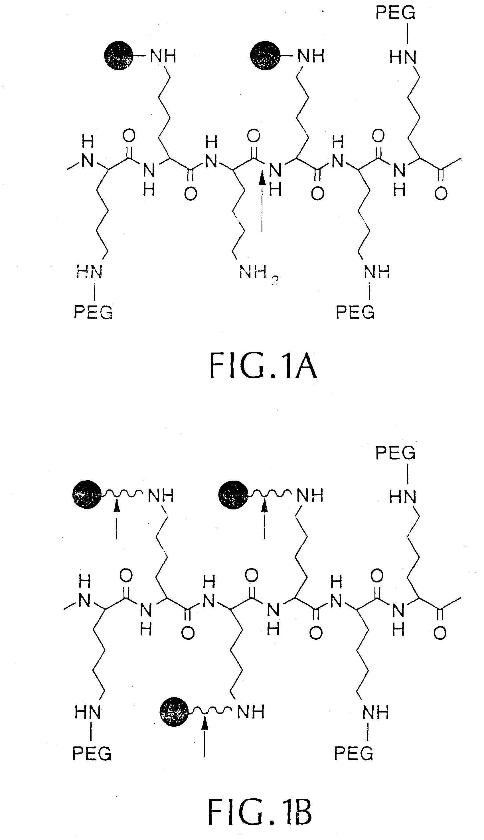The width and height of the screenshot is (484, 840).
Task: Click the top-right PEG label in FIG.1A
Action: [x=395, y=13]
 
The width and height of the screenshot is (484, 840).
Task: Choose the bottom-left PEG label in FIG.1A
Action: [x=93, y=312]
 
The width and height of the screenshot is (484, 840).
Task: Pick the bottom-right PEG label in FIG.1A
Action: [x=355, y=312]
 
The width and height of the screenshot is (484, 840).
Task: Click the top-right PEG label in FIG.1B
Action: [x=395, y=453]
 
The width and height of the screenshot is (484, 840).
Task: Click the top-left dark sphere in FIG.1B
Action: [x=87, y=495]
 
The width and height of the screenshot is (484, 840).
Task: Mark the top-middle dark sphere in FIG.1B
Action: [x=233, y=495]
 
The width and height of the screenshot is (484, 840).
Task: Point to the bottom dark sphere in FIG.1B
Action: [x=175, y=712]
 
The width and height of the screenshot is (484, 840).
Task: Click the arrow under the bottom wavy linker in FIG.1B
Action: [x=205, y=735]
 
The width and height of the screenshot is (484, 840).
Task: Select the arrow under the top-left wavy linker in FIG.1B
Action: [x=116, y=519]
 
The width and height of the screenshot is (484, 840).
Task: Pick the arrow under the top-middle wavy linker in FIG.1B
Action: [x=264, y=519]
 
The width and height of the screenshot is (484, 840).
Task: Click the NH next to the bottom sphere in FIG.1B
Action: [x=251, y=712]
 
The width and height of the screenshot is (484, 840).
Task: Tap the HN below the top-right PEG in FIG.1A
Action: [x=402, y=58]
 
